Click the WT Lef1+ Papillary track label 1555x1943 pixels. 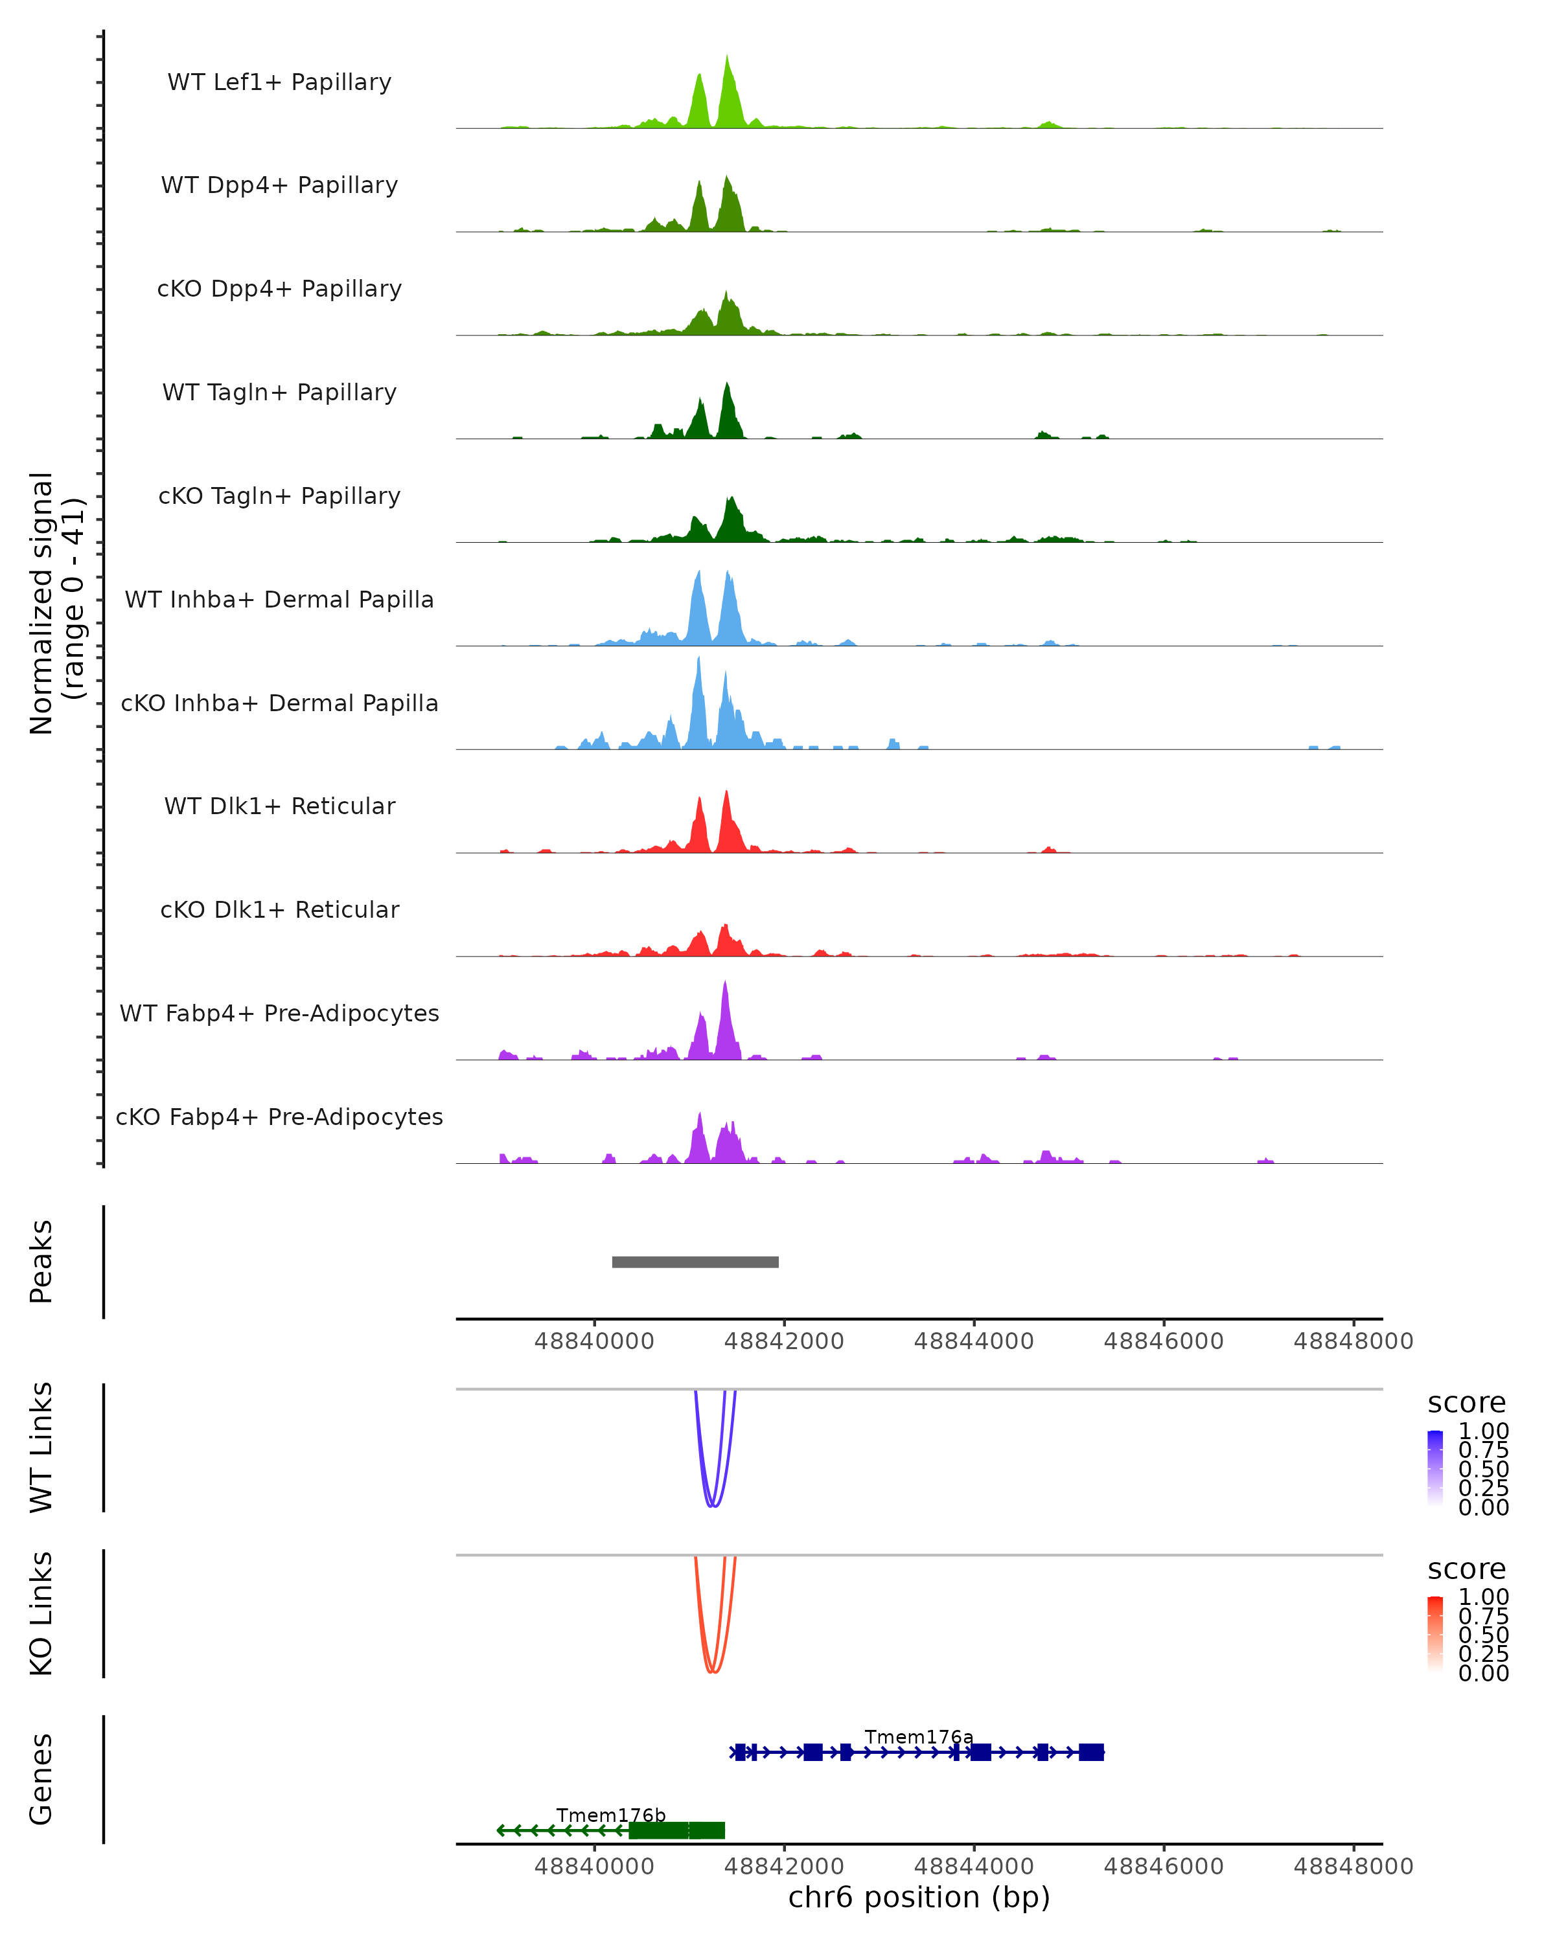click(x=279, y=82)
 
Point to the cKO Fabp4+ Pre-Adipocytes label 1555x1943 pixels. click(x=279, y=1117)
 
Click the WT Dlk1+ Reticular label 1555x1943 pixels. click(x=279, y=806)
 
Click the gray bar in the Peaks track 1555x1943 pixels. click(x=695, y=1262)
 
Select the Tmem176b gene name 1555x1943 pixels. click(x=610, y=1815)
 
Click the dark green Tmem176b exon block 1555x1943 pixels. click(x=676, y=1830)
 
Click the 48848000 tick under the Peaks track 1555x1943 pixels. click(x=1353, y=1341)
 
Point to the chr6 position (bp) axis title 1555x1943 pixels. click(x=919, y=1897)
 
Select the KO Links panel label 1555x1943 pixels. click(x=41, y=1613)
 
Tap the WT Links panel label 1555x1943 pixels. click(x=41, y=1448)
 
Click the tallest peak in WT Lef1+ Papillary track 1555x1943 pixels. click(x=728, y=58)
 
